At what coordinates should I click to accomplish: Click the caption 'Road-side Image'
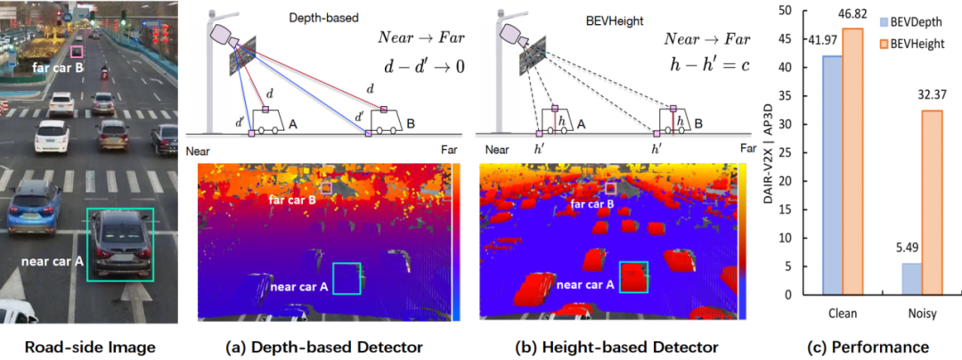88,347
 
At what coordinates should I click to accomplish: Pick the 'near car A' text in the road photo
53,261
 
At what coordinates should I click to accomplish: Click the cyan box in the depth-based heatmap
347,279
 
